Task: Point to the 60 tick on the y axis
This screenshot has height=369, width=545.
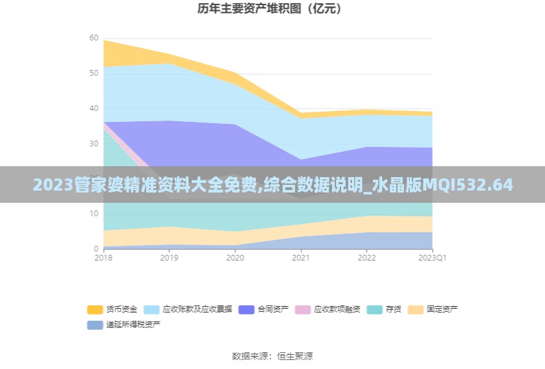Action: tap(94, 38)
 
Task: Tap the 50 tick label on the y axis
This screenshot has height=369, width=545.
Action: tap(94, 73)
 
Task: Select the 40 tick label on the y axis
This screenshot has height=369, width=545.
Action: tap(94, 108)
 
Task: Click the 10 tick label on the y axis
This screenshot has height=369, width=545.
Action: tap(94, 214)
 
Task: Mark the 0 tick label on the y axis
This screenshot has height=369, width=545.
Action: tap(96, 248)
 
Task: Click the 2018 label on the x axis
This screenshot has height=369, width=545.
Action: tap(103, 258)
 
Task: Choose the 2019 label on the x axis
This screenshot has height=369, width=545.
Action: tap(169, 258)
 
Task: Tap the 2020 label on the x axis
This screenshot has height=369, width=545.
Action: tap(235, 258)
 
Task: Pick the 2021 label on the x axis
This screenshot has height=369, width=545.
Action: tap(301, 258)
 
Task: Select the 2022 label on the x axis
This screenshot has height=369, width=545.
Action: tap(367, 258)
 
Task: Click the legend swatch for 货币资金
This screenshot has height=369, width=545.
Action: tap(95, 309)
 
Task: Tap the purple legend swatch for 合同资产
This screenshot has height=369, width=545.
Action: tap(246, 309)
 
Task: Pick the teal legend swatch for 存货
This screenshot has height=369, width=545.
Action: tap(374, 309)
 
